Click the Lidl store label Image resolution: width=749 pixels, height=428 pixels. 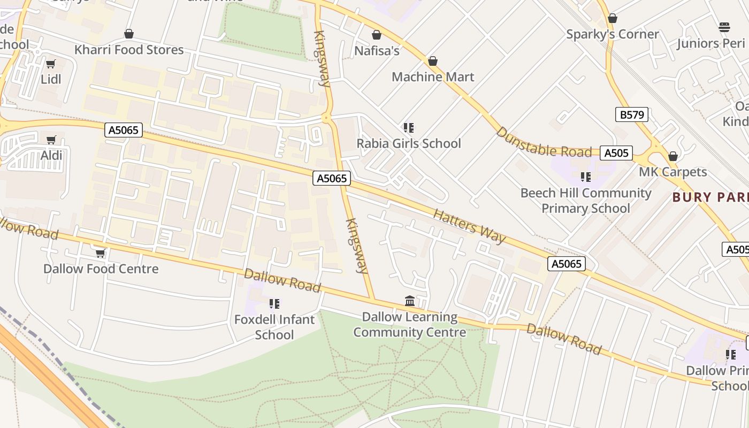[51, 79]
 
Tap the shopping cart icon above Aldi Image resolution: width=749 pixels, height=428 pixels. [51, 140]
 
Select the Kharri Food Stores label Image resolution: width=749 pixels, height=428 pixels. [129, 50]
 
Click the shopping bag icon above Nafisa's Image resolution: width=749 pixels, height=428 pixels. [377, 35]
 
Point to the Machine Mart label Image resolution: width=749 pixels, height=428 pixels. [433, 77]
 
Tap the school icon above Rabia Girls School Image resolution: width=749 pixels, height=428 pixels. [409, 128]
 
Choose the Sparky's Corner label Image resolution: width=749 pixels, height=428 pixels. [613, 34]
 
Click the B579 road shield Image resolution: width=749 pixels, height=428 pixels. [632, 114]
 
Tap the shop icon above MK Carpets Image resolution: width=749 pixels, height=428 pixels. [673, 156]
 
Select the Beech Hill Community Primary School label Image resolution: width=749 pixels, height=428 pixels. [586, 200]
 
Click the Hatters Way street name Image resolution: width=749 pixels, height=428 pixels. [469, 226]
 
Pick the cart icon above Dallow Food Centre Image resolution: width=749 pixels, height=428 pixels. [100, 253]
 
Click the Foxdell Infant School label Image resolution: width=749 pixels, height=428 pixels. [274, 327]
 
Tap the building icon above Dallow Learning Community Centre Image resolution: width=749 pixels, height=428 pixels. [410, 301]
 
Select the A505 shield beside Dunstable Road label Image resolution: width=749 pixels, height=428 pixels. [616, 153]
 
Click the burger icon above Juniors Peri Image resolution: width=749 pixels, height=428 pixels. [724, 27]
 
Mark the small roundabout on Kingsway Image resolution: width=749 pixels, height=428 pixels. [326, 118]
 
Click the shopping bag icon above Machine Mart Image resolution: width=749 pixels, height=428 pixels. [433, 62]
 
